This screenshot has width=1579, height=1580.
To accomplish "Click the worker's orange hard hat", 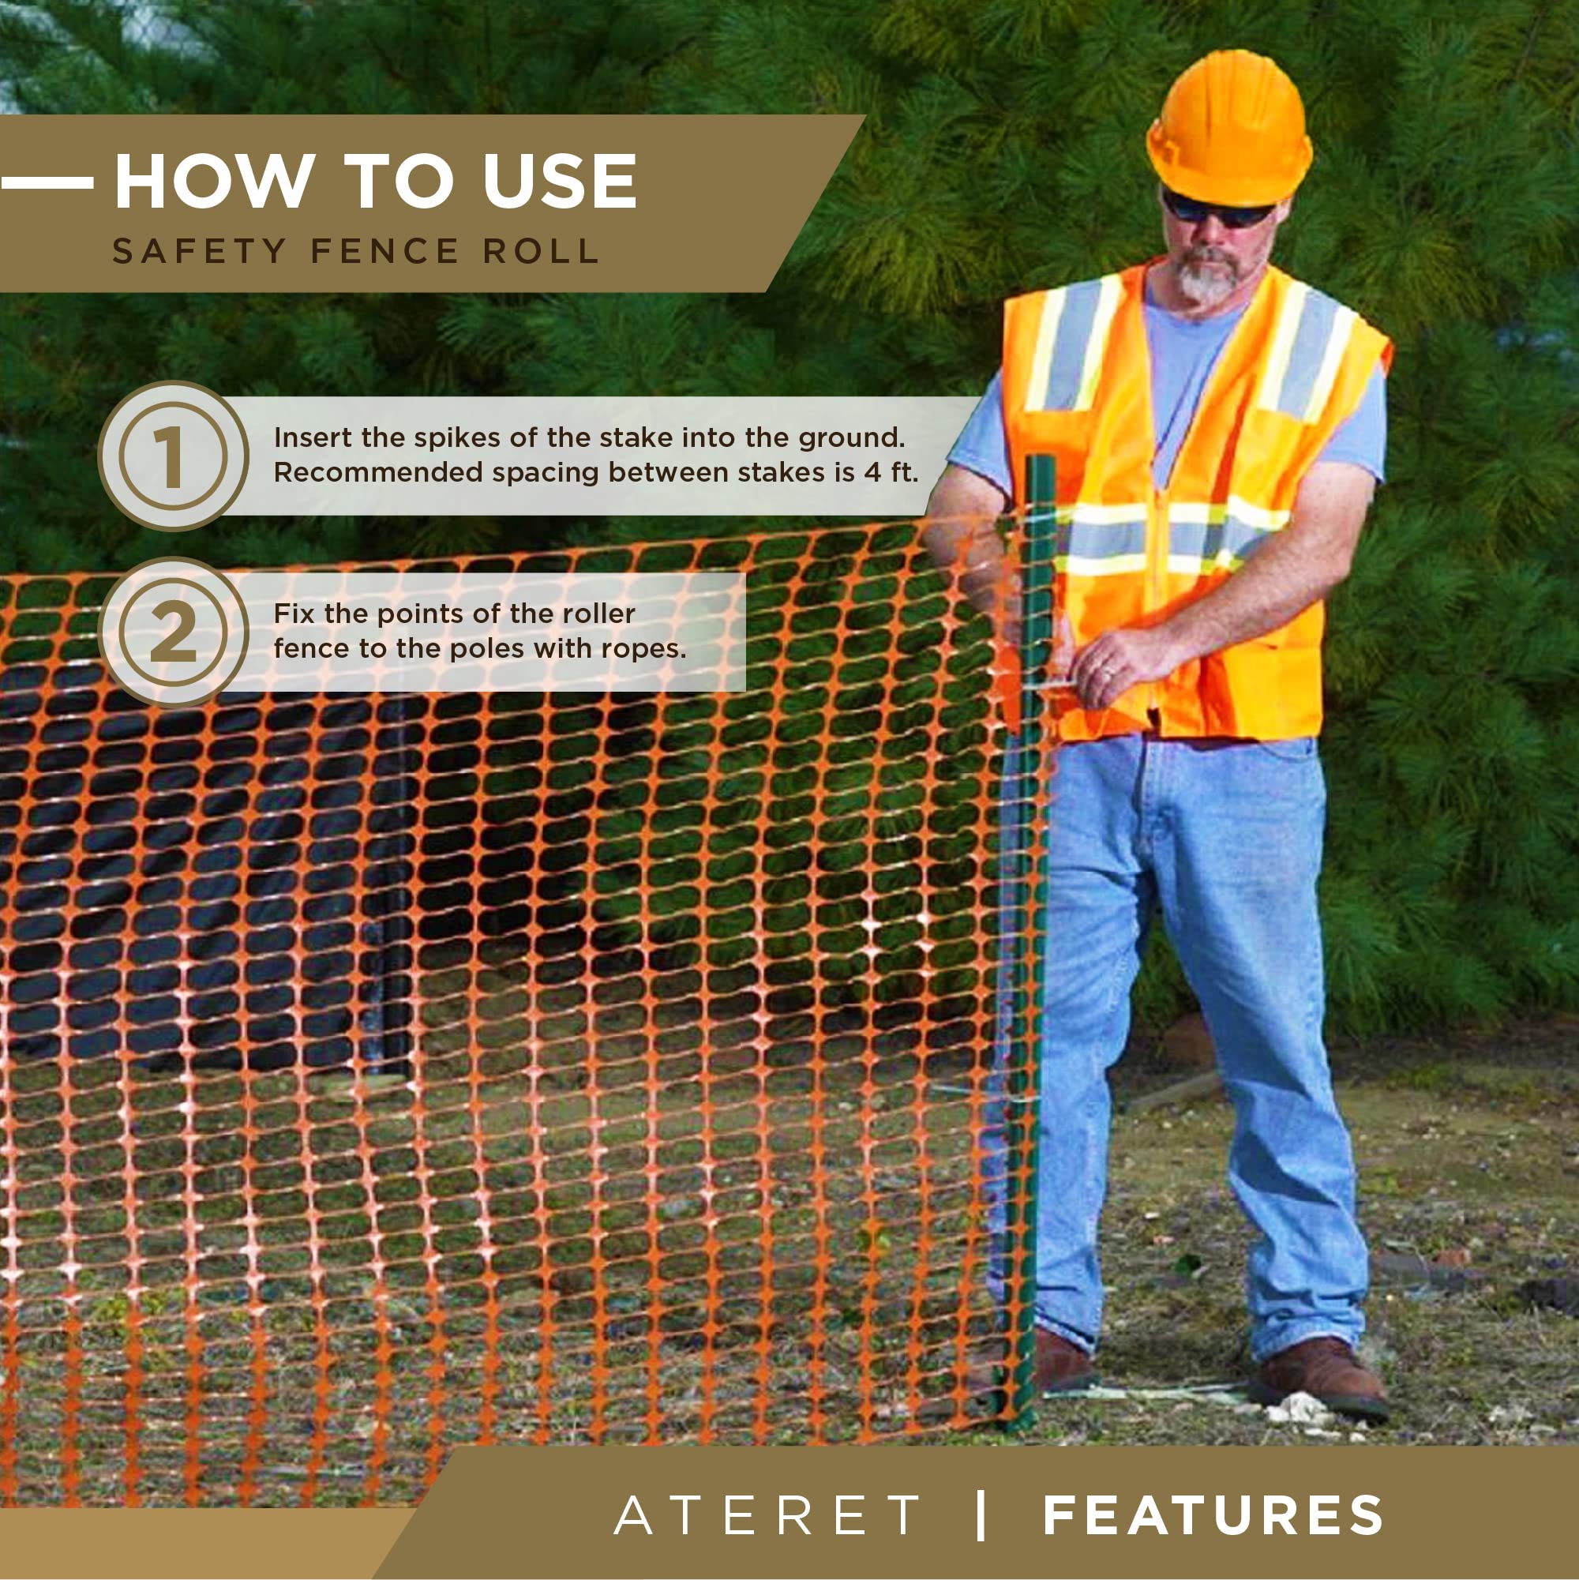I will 1228,131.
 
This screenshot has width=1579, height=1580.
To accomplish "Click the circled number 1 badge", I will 173,456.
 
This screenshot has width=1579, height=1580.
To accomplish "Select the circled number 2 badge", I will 173,632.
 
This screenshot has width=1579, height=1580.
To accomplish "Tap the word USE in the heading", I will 559,181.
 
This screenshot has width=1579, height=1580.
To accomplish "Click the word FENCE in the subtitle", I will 384,251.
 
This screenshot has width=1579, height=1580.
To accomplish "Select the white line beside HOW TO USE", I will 46,182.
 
